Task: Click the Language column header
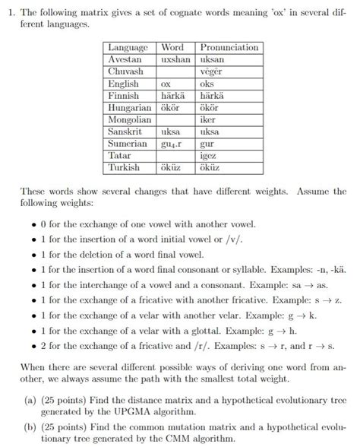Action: point(128,47)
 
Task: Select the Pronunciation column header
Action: point(229,47)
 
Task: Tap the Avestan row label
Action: point(125,59)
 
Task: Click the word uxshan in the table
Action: point(175,59)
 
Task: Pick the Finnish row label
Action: point(124,96)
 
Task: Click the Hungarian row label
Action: point(130,108)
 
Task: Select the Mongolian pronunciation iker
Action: point(208,120)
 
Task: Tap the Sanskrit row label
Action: point(126,132)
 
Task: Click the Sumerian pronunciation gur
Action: point(207,144)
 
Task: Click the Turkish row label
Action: point(125,167)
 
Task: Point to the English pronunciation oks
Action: point(206,84)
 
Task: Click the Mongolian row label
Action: point(130,120)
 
